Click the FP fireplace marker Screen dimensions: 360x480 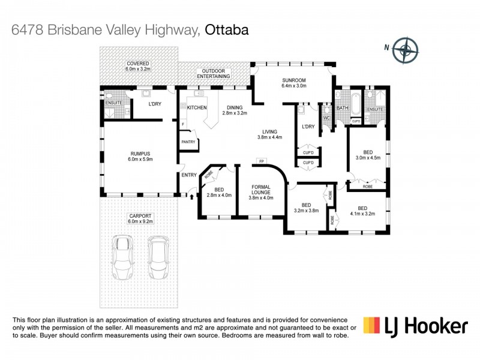point(261,161)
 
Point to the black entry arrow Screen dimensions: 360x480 point(192,193)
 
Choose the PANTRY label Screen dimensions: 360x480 point(188,142)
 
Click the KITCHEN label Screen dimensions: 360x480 point(197,107)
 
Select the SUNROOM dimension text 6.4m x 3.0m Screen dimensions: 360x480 point(294,86)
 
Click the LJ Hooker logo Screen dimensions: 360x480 point(415,326)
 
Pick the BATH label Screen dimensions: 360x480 point(343,108)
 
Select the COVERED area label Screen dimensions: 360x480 point(137,64)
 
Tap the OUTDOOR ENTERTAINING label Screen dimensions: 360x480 point(214,74)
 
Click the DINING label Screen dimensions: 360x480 point(234,107)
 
